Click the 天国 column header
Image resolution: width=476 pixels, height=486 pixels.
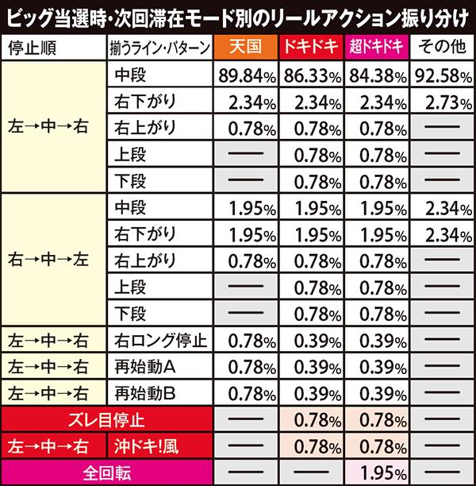point(244,47)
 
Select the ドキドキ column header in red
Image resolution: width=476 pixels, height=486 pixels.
point(312,47)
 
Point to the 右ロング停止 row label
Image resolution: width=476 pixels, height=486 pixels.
point(159,341)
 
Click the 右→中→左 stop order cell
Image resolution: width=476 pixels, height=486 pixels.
point(53,258)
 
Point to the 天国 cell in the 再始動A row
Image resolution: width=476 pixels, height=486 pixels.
point(244,366)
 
